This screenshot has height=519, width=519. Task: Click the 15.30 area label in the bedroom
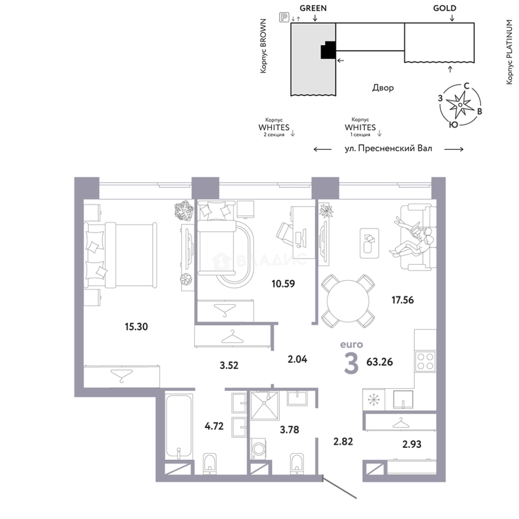(136, 327)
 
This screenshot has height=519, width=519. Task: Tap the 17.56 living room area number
(403, 300)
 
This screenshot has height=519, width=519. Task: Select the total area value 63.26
(380, 362)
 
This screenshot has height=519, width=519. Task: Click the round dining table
(348, 301)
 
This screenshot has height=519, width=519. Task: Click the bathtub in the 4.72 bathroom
(179, 427)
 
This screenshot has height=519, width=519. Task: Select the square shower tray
(265, 406)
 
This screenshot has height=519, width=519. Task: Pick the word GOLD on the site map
(445, 8)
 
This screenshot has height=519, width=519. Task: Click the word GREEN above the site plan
(313, 8)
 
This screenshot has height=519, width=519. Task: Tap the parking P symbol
(284, 17)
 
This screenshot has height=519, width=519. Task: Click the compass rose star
(460, 105)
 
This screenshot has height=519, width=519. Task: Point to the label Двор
(383, 88)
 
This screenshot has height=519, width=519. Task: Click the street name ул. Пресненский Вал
(389, 148)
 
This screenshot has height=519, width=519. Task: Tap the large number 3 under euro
(351, 363)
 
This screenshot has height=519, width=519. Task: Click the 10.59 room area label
(283, 284)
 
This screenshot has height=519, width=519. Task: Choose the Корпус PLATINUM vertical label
(509, 52)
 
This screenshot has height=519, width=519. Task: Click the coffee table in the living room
(369, 243)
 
